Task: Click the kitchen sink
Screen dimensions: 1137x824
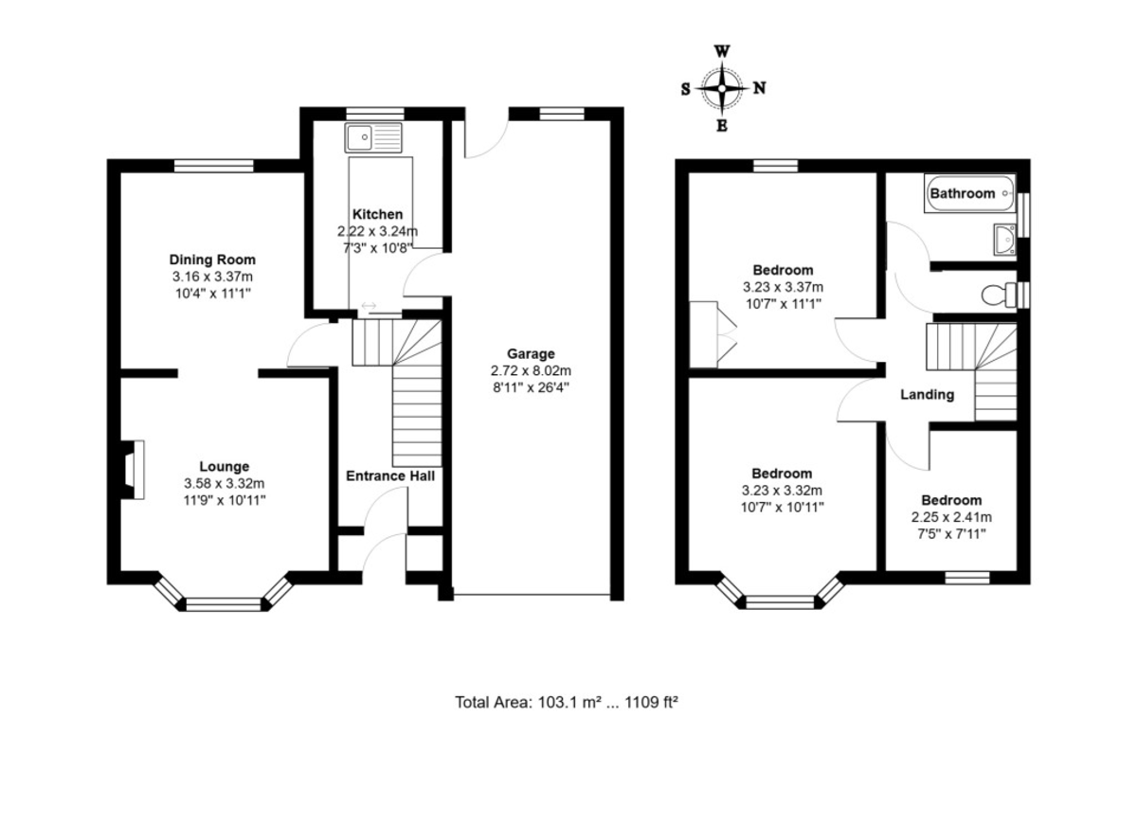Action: point(373,137)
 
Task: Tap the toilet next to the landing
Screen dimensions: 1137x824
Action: point(999,296)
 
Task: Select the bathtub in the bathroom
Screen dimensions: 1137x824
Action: point(969,193)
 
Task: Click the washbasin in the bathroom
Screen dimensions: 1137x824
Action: point(1004,239)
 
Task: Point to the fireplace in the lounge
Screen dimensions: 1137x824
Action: point(132,470)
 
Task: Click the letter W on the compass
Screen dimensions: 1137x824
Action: point(722,52)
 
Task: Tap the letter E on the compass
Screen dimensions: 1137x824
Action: point(722,126)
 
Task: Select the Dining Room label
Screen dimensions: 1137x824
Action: point(212,260)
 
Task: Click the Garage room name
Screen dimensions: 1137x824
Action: point(531,353)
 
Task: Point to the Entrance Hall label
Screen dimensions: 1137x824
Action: point(390,475)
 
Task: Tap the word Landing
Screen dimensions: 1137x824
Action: point(928,395)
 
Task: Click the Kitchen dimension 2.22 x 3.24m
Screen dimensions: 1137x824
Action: point(378,231)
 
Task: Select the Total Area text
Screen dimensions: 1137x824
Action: point(567,702)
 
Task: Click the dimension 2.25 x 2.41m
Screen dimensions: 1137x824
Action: point(951,517)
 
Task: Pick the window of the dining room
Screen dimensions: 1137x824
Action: point(214,166)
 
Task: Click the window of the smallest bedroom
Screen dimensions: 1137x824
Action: point(967,578)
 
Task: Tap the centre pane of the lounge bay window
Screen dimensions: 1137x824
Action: point(224,604)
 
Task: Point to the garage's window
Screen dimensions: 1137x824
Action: point(561,114)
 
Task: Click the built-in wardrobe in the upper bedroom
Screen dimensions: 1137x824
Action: point(711,335)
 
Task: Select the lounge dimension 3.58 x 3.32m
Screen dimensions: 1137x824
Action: point(225,484)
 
